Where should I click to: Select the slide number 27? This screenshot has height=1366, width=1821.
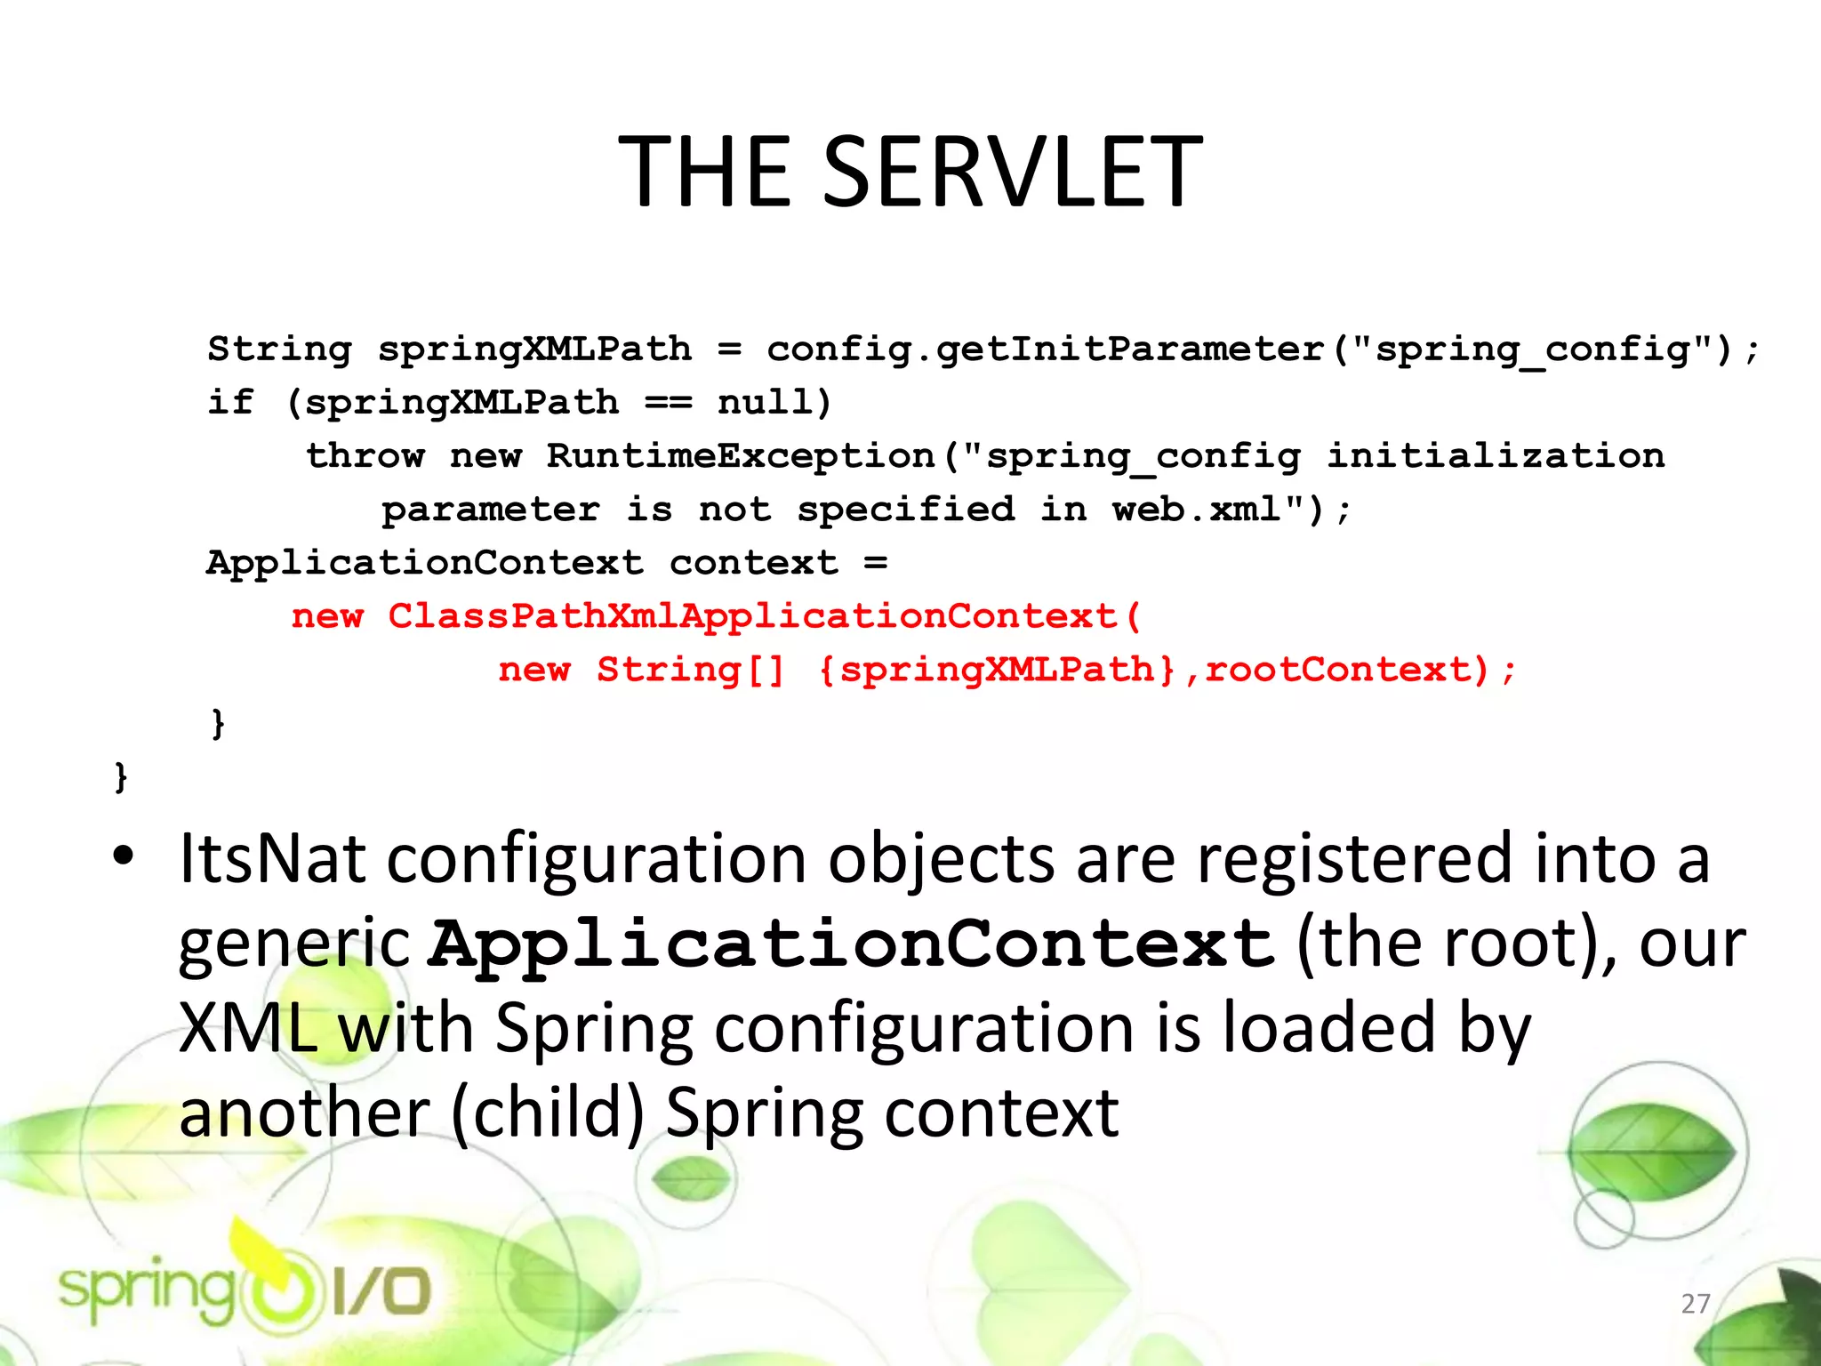tap(1696, 1304)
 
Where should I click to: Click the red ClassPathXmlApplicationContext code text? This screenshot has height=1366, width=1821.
tap(752, 616)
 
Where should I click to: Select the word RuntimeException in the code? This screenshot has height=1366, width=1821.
tap(741, 456)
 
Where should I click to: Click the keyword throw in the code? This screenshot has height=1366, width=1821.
tap(365, 456)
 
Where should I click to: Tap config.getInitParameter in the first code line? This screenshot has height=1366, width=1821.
tap(1046, 350)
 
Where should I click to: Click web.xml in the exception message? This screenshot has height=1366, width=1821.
tap(1196, 510)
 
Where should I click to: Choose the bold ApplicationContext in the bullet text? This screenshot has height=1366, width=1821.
tap(852, 944)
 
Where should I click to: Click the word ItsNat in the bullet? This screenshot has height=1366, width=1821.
tap(272, 859)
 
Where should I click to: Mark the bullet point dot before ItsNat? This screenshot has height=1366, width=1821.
tap(124, 856)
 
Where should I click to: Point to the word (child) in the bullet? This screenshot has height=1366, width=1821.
tap(548, 1113)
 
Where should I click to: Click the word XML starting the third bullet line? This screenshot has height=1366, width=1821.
tap(248, 1029)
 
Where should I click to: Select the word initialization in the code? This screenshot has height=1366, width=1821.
tap(1495, 456)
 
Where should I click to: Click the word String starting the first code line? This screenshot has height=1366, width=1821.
tap(279, 350)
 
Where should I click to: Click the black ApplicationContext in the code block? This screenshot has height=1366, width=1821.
tap(425, 563)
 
